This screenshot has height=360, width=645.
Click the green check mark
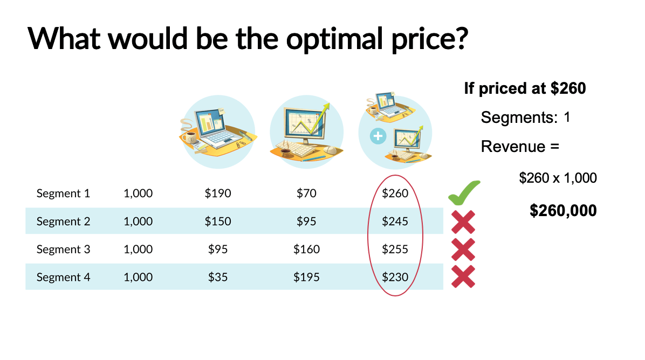click(463, 192)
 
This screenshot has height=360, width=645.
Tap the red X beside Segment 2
click(463, 221)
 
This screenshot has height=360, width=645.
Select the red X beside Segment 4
click(463, 276)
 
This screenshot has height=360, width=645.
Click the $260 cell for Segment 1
click(395, 193)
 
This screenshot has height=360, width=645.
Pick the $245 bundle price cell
click(395, 221)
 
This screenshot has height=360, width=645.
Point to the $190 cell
click(218, 193)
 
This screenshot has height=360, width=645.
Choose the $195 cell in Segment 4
click(306, 277)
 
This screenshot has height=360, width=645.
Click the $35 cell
click(218, 277)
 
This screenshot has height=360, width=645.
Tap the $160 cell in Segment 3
click(306, 249)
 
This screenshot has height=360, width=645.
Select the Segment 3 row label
click(63, 249)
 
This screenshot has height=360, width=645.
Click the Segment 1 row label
click(63, 193)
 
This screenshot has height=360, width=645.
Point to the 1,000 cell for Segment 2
click(138, 221)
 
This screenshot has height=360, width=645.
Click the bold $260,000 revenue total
click(563, 210)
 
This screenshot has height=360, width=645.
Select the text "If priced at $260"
click(525, 88)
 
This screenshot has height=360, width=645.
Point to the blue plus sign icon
click(378, 136)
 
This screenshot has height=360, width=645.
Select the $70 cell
click(306, 193)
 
